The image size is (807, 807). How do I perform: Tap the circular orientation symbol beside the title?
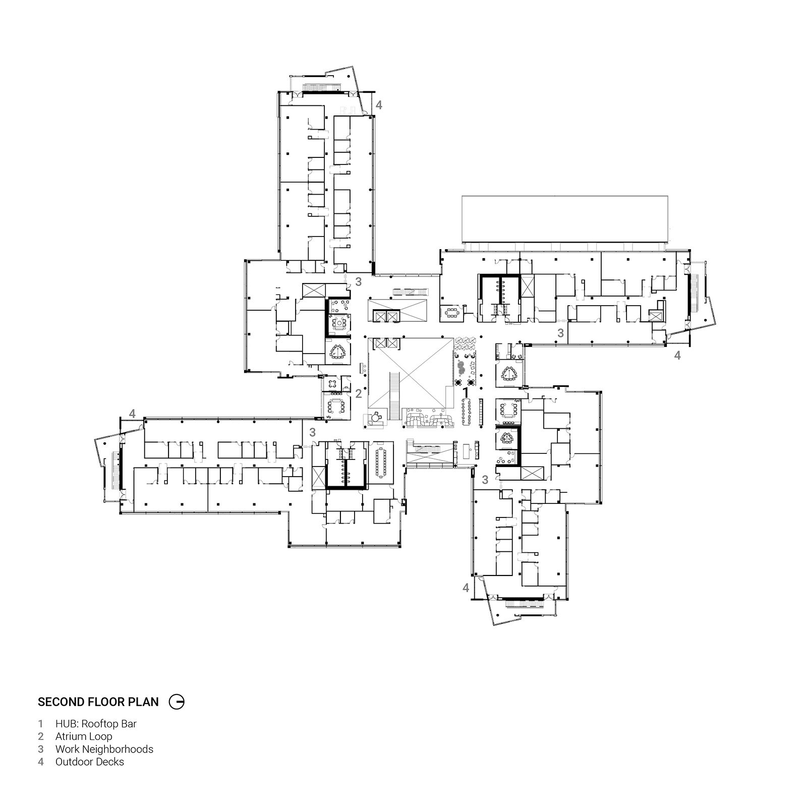click(177, 702)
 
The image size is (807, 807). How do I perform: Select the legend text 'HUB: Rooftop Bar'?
click(96, 724)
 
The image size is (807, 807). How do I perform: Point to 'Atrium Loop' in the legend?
click(84, 736)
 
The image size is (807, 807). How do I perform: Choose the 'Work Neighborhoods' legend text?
click(104, 749)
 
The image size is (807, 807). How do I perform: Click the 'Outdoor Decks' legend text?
click(90, 762)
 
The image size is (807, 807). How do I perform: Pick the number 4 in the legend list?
click(41, 762)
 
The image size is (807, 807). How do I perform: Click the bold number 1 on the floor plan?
click(466, 391)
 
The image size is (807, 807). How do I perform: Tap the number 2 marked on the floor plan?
click(359, 393)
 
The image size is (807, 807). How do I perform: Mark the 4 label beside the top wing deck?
click(379, 105)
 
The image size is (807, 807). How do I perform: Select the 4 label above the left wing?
click(132, 414)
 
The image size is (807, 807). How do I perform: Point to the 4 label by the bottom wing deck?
click(466, 588)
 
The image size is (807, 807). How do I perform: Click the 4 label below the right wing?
click(677, 355)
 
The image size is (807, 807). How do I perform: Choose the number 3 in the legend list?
click(41, 749)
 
